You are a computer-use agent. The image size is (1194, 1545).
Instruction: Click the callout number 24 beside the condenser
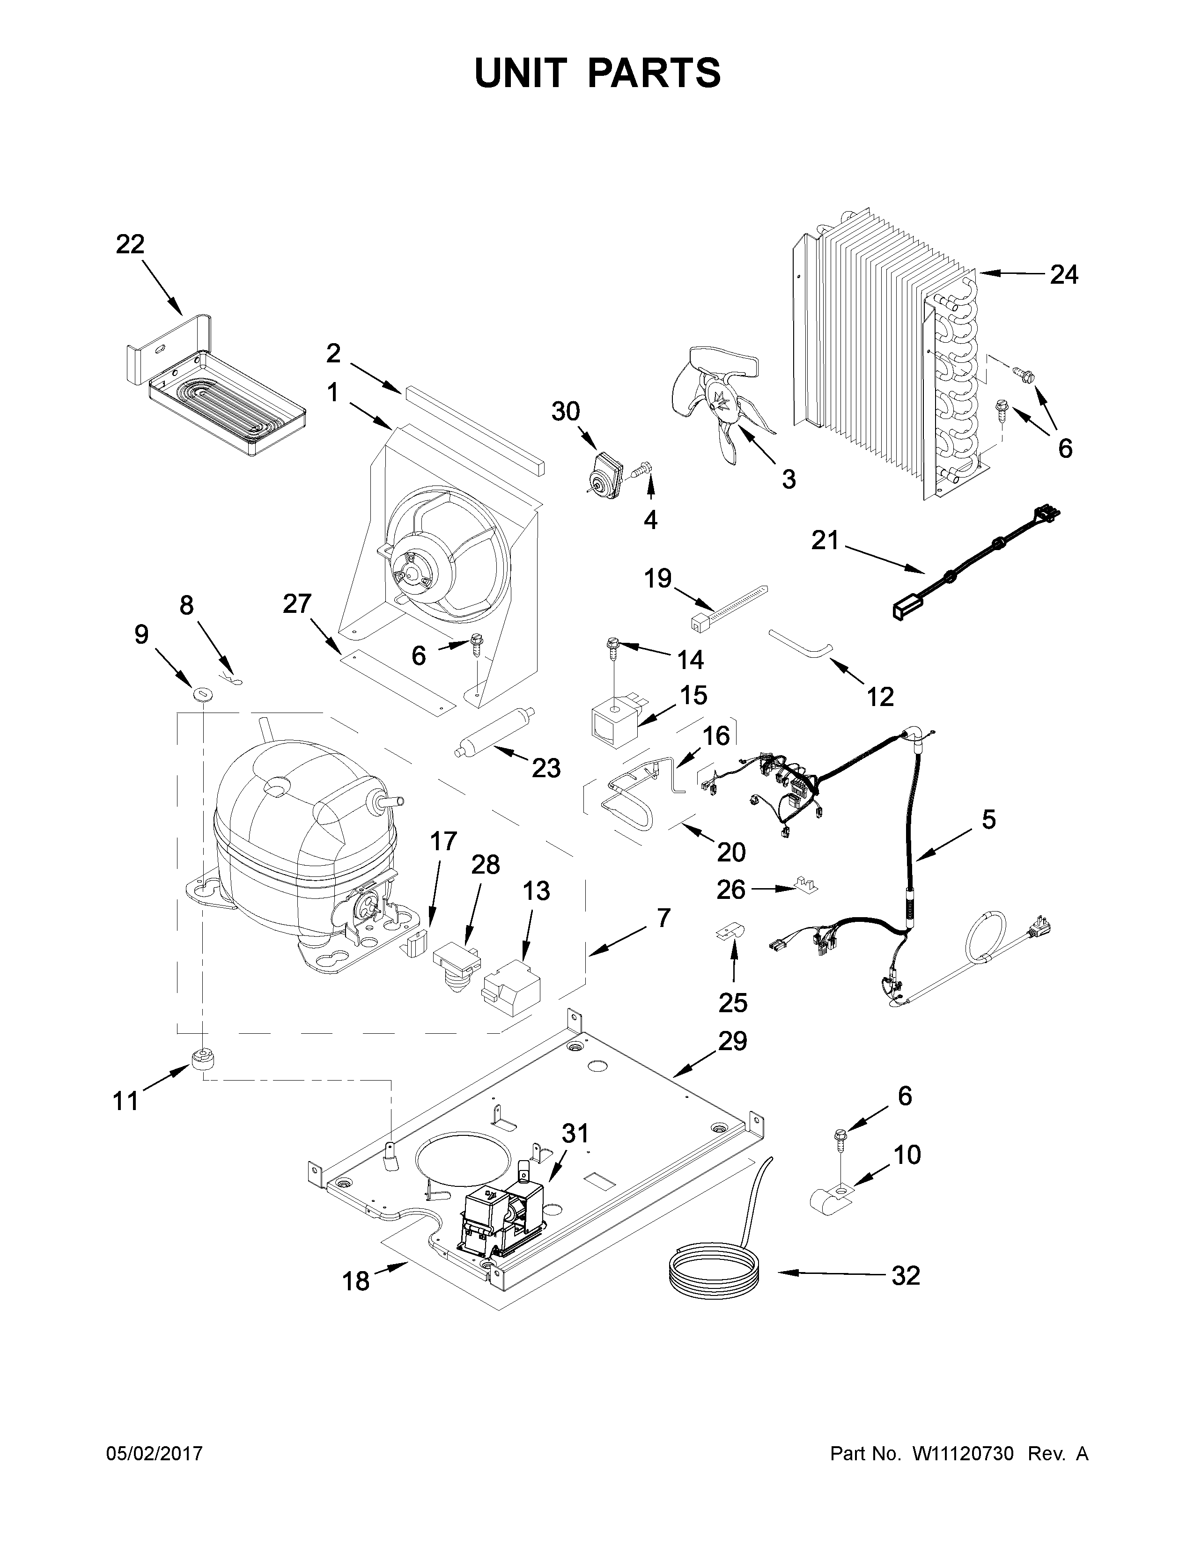(1063, 274)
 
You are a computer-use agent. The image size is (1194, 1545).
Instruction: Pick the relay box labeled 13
(510, 983)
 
